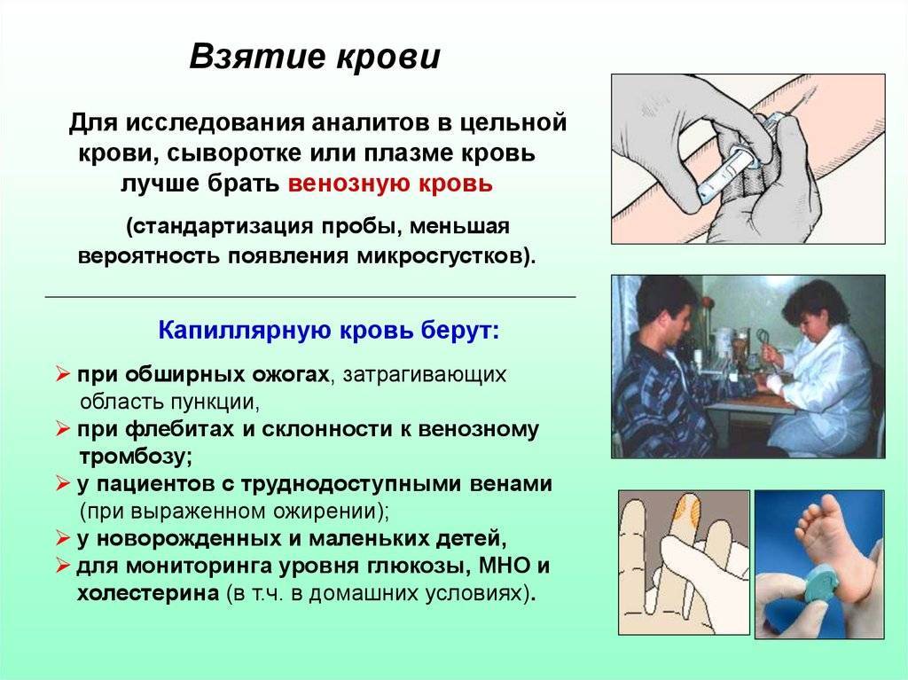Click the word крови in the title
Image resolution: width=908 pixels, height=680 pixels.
pyautogui.click(x=388, y=57)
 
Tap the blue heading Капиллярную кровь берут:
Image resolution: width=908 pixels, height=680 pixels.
pyautogui.click(x=328, y=331)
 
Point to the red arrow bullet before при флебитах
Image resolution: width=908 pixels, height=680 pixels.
pyautogui.click(x=63, y=429)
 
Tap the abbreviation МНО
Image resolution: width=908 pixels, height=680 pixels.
pyautogui.click(x=505, y=566)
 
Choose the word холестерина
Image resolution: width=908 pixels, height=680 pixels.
pyautogui.click(x=148, y=593)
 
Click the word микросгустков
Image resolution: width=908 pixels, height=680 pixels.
pyautogui.click(x=440, y=256)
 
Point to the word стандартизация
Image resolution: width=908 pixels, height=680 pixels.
pyautogui.click(x=223, y=225)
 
